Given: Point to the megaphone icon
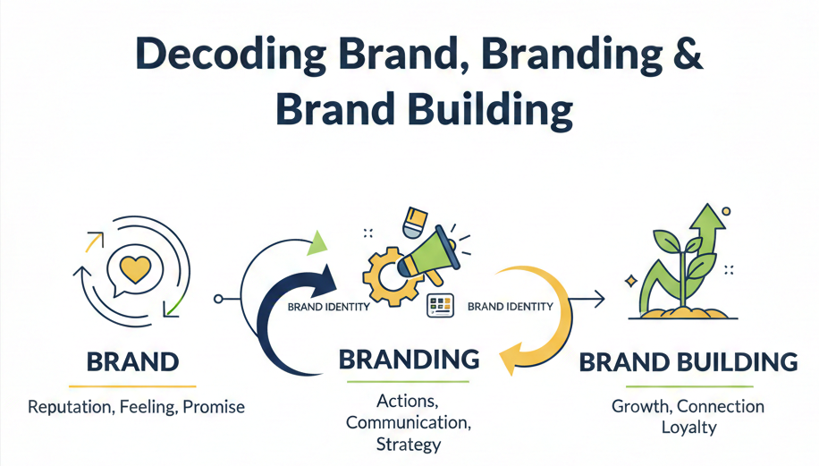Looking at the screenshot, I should coord(428,253).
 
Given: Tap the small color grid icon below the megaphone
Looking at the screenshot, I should coord(441,305).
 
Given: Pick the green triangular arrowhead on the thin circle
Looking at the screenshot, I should coord(317,242).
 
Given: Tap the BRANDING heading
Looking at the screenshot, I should coord(409,360).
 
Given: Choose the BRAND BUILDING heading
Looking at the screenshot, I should coord(688,362).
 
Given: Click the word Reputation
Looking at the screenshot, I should coord(70,407).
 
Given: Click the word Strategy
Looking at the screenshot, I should coord(408,444).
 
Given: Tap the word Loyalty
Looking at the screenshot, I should coord(688,428).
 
